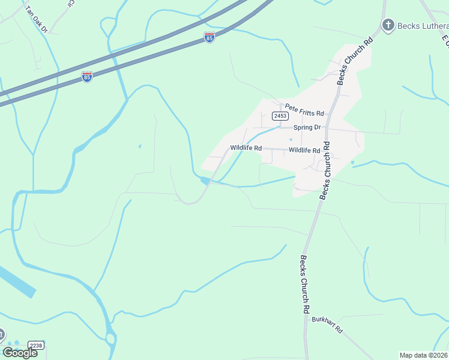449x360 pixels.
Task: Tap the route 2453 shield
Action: tap(279, 116)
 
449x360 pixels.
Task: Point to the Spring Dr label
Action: tap(307, 128)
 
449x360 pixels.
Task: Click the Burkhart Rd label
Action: tap(327, 325)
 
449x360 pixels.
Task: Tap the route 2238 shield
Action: tap(35, 346)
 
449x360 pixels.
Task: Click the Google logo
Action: tap(20, 353)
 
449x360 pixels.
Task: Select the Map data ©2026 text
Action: tap(423, 355)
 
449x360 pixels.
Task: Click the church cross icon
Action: tap(388, 25)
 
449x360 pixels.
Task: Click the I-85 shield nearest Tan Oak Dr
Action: tap(87, 77)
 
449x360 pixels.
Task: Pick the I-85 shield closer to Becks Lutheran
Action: tap(209, 37)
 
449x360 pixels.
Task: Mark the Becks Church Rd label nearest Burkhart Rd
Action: tap(304, 285)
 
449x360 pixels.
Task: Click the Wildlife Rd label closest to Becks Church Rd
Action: tap(304, 151)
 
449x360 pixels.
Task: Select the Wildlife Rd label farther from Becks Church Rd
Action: tap(246, 148)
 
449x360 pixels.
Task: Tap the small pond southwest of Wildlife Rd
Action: tap(205, 180)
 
